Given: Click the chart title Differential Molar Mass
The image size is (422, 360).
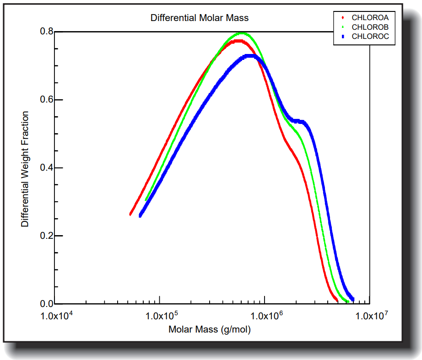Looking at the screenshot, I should click(x=200, y=18).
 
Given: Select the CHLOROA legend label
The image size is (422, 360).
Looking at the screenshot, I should click(x=370, y=17).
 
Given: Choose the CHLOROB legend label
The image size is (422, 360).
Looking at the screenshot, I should click(x=370, y=27).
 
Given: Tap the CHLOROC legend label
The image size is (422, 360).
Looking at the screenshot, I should click(x=370, y=37).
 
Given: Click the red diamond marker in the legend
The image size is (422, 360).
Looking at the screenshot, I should click(x=343, y=17).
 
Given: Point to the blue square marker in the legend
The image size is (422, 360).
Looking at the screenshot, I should click(x=343, y=37).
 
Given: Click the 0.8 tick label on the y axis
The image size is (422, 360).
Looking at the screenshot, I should click(x=47, y=32).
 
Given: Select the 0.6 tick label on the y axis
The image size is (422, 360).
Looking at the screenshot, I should click(x=47, y=100).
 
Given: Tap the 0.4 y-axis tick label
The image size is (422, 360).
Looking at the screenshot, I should click(x=47, y=168).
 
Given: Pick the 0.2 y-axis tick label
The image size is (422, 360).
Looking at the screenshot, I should click(x=47, y=236).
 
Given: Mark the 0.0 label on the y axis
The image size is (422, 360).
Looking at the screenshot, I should click(x=47, y=304).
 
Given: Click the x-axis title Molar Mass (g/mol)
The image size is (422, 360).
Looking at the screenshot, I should click(x=210, y=329).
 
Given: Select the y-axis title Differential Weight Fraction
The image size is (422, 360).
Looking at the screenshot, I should click(x=25, y=169).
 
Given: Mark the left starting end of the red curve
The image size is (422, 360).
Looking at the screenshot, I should click(x=131, y=214).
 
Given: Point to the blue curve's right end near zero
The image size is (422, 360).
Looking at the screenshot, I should click(x=352, y=299).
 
